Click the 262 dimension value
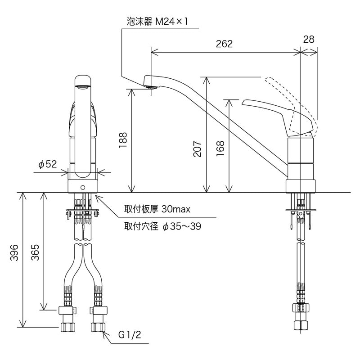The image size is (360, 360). (x=224, y=44)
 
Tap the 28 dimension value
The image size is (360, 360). (x=309, y=40)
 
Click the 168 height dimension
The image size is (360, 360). (x=220, y=147)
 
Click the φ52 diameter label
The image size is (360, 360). (x=48, y=165)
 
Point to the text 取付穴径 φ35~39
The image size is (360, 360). (x=162, y=227)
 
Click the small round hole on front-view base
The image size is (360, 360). (x=82, y=187)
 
